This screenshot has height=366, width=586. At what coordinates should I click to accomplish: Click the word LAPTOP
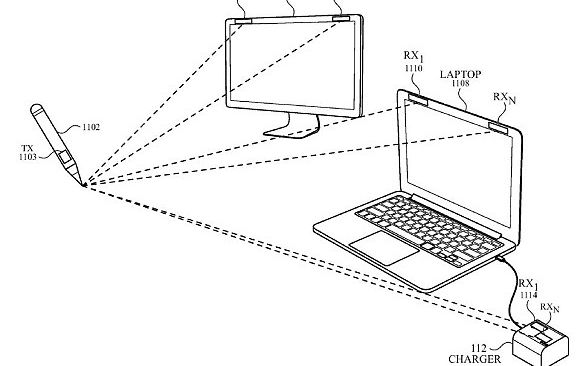[461, 74]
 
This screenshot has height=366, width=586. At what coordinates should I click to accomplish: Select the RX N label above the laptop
[507, 98]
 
